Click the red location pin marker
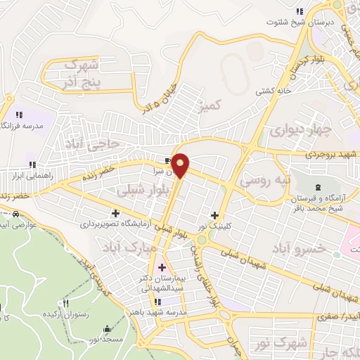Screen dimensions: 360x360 pos(181,165)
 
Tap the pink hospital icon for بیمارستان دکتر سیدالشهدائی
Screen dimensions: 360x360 pos(162,267)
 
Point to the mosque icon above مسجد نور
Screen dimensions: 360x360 pos(106,328)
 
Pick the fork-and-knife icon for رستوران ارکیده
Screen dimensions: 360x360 pos(66,303)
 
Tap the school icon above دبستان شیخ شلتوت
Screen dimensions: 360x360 pos(300,11)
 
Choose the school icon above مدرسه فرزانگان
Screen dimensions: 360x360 pos(19,114)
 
